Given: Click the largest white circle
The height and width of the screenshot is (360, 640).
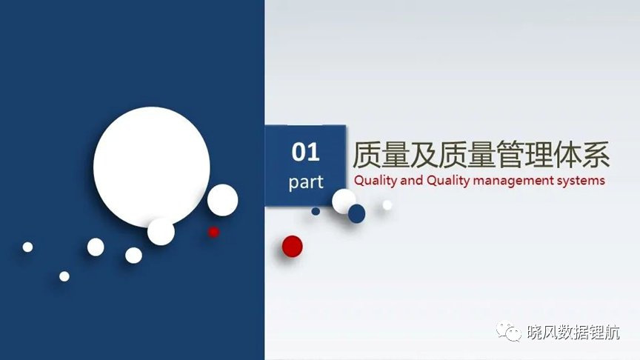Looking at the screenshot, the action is point(151,167).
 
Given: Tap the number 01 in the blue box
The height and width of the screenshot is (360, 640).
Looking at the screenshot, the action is point(305,153).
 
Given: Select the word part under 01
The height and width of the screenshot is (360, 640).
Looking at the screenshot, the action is point(306,182).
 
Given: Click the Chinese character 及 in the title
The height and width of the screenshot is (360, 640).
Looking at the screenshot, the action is point(424,155).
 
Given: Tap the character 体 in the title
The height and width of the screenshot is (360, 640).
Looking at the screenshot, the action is point(567,155).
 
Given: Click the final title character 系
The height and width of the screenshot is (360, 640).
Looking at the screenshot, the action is point(596,155).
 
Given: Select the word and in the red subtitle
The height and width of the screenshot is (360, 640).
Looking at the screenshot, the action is point(411,180).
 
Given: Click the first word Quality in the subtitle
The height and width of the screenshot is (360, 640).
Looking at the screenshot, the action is point(376,181).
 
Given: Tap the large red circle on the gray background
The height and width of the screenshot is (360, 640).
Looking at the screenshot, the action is point(293,246).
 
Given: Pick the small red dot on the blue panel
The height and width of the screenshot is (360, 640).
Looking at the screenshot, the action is point(213,232).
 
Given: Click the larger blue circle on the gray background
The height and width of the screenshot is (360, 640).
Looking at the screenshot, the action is point(357,213).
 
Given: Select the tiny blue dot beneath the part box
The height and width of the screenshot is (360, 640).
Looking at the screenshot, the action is point(316,211).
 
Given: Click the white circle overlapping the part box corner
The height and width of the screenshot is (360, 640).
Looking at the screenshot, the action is point(344,201).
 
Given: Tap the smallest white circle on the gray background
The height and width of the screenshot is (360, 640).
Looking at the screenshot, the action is point(387,205).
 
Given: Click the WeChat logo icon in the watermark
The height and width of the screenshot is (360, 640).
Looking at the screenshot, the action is point(509,331).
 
